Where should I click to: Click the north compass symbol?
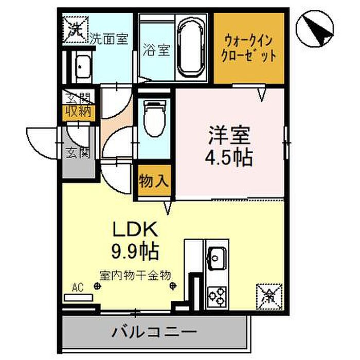pos(315,29)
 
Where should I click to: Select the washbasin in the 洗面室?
pos(82,66)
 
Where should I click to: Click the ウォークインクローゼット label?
pos(248,47)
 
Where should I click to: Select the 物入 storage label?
pos(153,181)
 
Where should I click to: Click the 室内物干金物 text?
pos(135,275)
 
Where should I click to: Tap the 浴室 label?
pos(155,51)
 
